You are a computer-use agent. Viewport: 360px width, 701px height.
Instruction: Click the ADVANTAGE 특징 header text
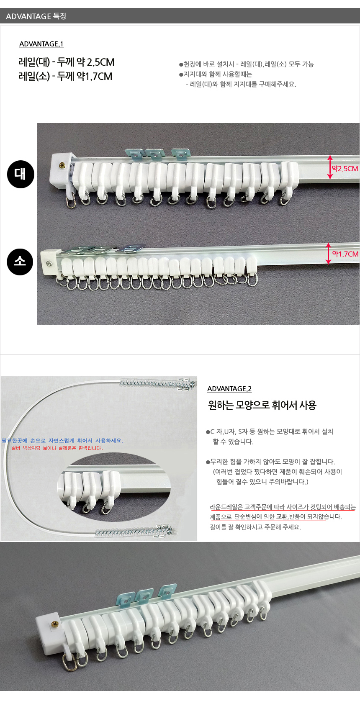coord(36,16)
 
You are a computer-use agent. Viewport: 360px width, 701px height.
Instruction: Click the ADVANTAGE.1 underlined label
coord(41,44)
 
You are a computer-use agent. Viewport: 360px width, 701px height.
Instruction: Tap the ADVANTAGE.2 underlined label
coord(229,389)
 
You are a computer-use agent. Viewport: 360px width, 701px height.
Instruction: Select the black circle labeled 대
coord(21,175)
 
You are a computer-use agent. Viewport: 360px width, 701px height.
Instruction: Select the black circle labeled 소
coord(20,262)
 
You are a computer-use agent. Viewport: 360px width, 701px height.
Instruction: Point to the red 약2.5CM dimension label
coord(345,169)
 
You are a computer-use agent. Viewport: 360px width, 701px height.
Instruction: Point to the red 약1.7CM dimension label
coord(345,254)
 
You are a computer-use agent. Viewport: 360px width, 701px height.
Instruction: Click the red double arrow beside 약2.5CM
coord(329,167)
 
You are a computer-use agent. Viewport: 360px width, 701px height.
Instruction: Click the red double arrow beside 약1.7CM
coord(328,254)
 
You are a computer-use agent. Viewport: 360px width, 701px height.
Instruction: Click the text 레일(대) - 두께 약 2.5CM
coord(67,62)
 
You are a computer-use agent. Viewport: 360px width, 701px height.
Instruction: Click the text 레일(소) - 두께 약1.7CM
coord(65,76)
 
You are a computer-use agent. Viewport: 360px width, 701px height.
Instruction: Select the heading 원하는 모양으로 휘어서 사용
coord(262,405)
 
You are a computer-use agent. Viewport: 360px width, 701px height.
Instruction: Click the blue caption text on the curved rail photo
coord(63,441)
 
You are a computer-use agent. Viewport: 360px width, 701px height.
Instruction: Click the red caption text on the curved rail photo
coord(57,448)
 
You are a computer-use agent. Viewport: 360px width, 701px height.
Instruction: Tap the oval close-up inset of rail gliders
coord(114,486)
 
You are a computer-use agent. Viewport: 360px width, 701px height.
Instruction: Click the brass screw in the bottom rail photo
coord(55,624)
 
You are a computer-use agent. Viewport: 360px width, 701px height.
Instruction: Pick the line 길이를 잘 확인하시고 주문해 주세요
coord(255,527)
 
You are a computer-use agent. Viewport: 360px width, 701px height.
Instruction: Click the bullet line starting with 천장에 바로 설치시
coord(247,64)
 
